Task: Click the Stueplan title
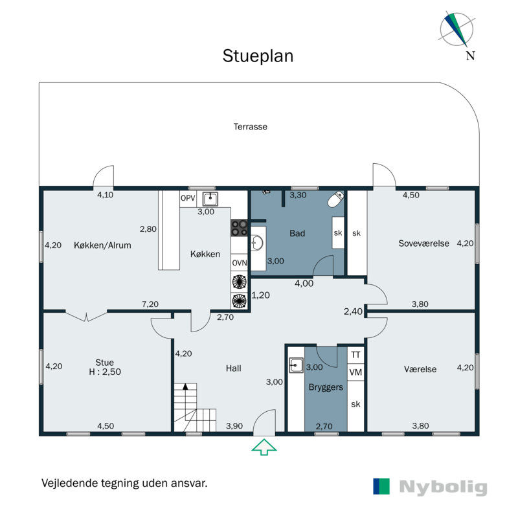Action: point(258,56)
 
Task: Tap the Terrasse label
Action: point(251,126)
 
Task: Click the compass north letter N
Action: point(471,56)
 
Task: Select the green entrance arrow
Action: point(264,447)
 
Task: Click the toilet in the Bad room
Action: point(335,199)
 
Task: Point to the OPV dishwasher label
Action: point(188,198)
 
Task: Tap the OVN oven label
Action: point(239,263)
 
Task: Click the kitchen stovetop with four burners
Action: point(239,228)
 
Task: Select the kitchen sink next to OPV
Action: point(210,199)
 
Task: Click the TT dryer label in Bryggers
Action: point(355,355)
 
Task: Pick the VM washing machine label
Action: point(355,372)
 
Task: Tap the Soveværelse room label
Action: point(423,243)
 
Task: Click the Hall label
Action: point(234,368)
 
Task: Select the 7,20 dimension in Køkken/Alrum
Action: point(150,304)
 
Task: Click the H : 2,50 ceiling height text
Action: point(105,372)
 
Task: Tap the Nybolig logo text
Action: point(443,487)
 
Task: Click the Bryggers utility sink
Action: point(296,365)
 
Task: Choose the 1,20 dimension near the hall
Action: point(261,295)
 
